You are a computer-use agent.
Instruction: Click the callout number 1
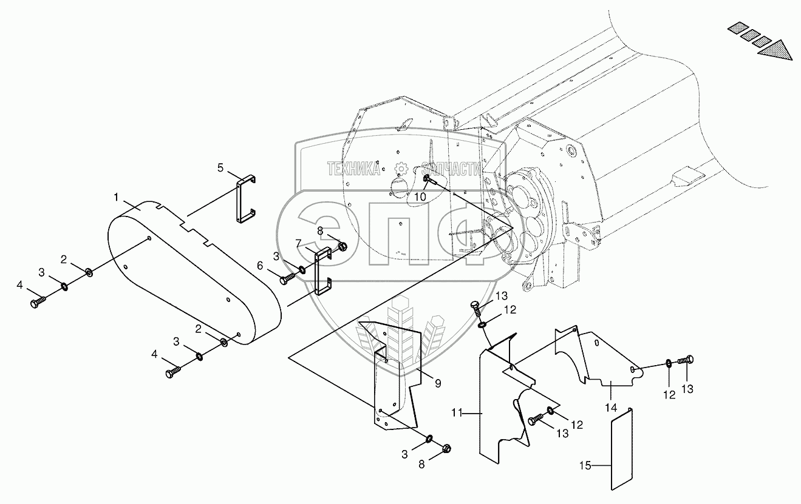point(116,198)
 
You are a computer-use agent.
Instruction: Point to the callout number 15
point(584,466)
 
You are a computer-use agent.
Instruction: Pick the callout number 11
point(457,413)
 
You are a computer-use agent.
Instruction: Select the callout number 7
point(298,243)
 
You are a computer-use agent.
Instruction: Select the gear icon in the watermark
point(400,169)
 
